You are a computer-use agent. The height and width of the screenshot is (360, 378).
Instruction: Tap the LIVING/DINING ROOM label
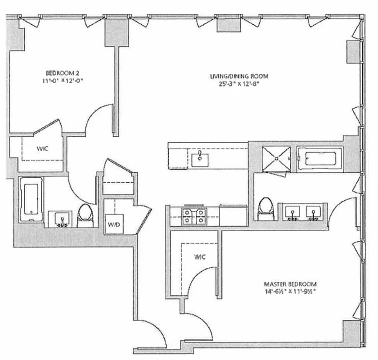(236, 76)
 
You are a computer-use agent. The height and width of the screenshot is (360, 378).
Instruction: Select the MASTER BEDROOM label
(290, 284)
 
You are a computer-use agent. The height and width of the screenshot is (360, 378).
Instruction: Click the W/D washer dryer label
(112, 224)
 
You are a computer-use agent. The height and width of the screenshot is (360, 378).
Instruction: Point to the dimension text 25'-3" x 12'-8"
(236, 83)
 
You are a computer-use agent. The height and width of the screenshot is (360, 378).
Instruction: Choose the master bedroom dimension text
(290, 292)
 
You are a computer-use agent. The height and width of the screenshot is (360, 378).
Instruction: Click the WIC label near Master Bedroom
(200, 257)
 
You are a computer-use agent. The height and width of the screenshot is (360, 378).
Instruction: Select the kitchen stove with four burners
(193, 216)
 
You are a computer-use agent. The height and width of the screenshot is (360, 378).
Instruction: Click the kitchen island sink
(199, 158)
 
